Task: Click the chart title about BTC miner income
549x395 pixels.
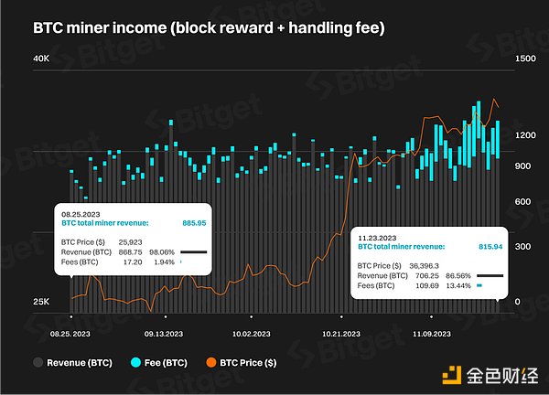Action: click(x=209, y=28)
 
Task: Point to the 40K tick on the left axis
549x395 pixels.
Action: click(x=41, y=59)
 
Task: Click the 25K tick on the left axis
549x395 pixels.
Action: click(x=41, y=302)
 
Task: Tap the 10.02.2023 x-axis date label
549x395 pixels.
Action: click(x=251, y=334)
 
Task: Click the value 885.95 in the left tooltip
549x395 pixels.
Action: click(x=195, y=222)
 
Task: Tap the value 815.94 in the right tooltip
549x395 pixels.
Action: click(x=486, y=247)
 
